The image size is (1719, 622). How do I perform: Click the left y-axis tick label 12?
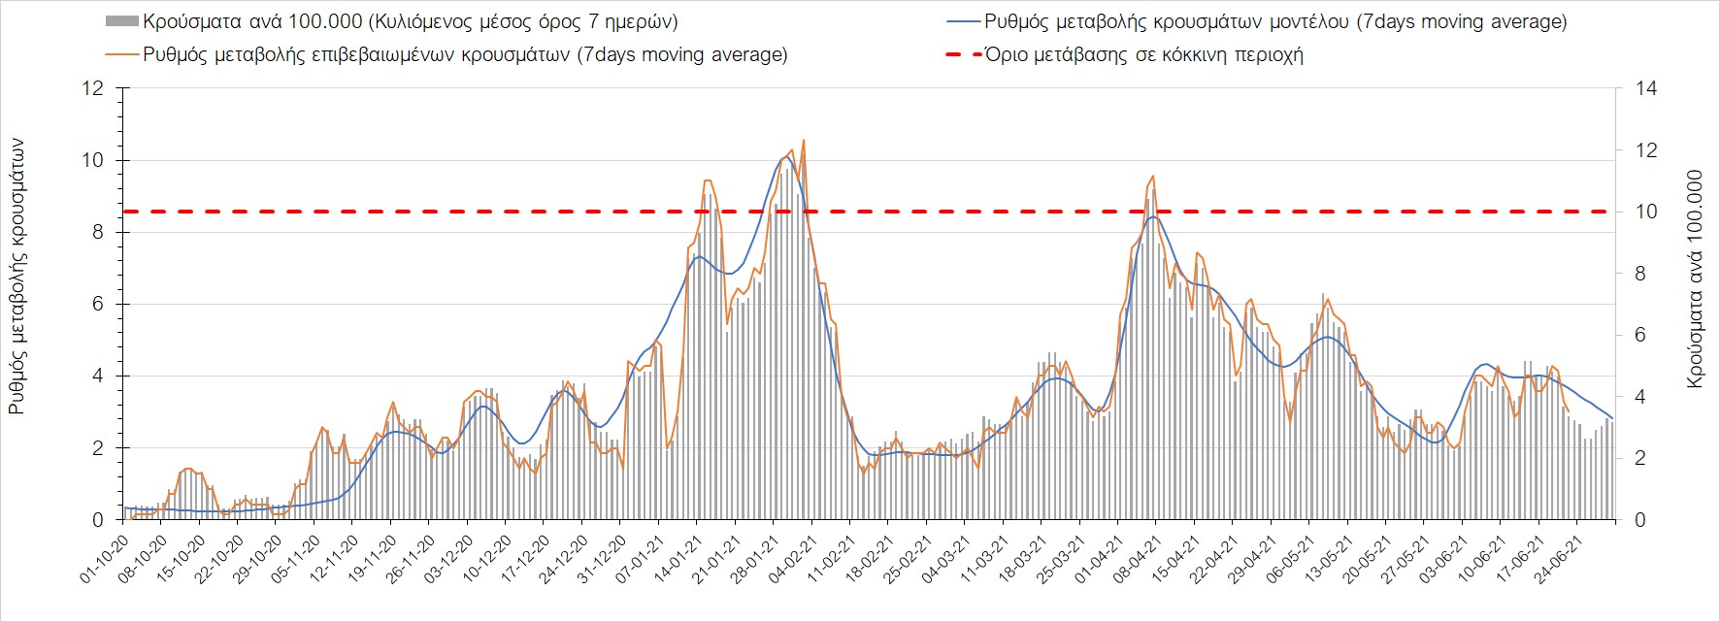click(x=92, y=89)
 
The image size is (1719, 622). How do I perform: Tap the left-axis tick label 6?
click(x=97, y=305)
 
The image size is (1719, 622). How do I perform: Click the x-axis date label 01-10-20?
click(x=105, y=557)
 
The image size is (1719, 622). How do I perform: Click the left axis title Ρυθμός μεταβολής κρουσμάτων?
click(x=17, y=276)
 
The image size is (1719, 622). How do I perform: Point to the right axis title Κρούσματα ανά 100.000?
click(x=1695, y=279)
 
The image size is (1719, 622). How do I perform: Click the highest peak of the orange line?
click(x=803, y=141)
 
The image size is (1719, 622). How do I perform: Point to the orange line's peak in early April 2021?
click(x=1152, y=176)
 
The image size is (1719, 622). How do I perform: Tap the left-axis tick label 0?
click(x=97, y=520)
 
